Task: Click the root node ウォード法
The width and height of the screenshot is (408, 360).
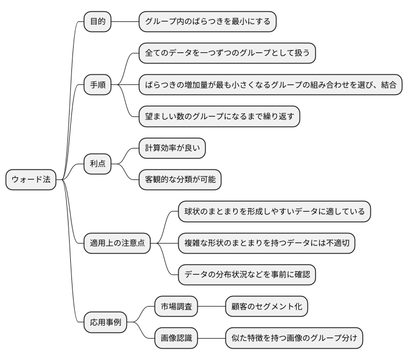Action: click(x=31, y=180)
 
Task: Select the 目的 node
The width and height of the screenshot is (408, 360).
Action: click(x=97, y=22)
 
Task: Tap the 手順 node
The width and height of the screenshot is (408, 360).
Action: click(x=97, y=85)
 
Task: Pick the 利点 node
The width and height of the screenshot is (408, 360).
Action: click(x=97, y=164)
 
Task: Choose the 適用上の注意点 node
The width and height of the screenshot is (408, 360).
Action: click(x=117, y=243)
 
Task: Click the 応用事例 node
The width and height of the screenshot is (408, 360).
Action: click(x=105, y=323)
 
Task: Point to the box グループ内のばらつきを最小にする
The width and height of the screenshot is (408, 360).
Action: click(x=207, y=22)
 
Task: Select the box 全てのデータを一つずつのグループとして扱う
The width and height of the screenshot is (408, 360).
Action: click(x=227, y=53)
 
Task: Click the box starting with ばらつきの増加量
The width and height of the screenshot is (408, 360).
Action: click(x=270, y=85)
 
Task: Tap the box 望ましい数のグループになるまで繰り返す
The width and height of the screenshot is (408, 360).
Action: click(x=219, y=117)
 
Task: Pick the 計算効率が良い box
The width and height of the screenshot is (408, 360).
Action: click(x=172, y=148)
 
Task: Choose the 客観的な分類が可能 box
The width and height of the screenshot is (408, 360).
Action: click(x=180, y=180)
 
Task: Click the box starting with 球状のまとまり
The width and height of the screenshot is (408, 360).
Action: click(x=274, y=211)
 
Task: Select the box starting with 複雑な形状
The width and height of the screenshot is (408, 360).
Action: click(x=266, y=243)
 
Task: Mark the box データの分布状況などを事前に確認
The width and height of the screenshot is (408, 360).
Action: click(x=247, y=275)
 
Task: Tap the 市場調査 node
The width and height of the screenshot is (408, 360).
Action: click(x=176, y=307)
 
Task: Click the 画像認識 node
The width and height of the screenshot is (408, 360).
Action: click(x=176, y=339)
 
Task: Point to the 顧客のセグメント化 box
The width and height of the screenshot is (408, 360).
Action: click(x=266, y=307)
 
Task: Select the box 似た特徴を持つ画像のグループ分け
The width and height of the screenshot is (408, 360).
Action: click(x=294, y=339)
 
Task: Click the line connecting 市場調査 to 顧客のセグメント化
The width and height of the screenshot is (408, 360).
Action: click(x=211, y=307)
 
